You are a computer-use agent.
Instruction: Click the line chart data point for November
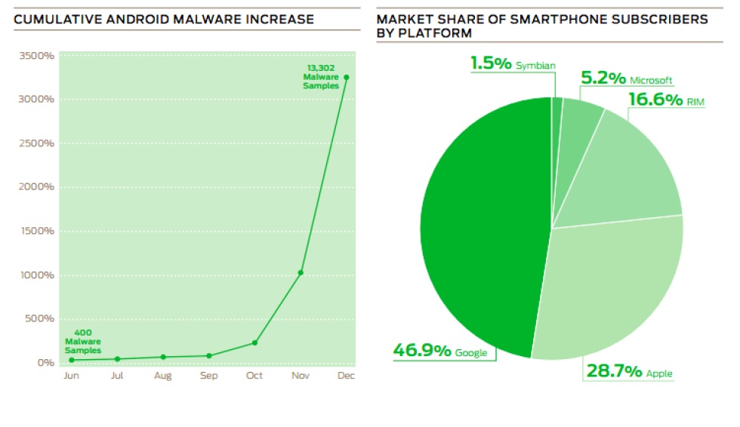[301, 272]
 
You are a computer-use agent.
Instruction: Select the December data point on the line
[347, 77]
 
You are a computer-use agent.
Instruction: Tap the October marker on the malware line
[254, 343]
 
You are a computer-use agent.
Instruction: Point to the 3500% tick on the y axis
[36, 56]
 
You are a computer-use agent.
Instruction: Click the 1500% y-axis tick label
[36, 231]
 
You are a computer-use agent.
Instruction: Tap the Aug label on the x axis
[163, 375]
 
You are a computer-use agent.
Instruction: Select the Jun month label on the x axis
[71, 375]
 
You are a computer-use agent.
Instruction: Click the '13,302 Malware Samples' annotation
[320, 77]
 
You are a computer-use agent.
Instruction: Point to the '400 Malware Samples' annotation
[83, 341]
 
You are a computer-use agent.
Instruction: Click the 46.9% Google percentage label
[422, 351]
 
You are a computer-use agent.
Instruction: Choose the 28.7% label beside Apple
[613, 371]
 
